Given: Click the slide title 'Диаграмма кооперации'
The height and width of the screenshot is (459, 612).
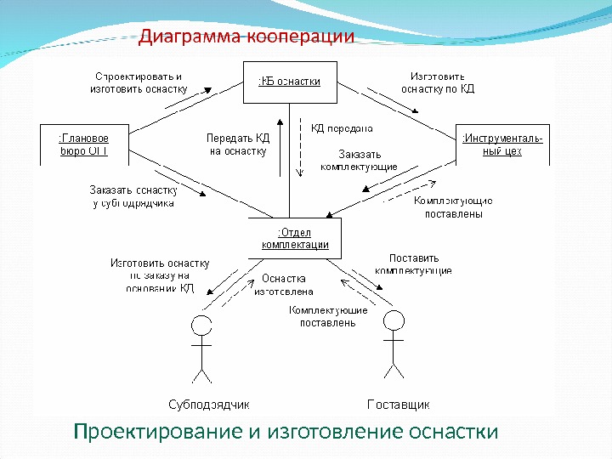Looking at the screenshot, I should [246, 37].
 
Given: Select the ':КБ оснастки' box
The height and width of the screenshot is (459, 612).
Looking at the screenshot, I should [289, 82].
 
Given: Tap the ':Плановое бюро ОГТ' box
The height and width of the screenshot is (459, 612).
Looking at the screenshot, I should [83, 144].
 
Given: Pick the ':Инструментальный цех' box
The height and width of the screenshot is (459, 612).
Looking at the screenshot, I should [502, 144].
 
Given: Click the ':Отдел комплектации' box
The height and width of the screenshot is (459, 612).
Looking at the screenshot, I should [294, 237].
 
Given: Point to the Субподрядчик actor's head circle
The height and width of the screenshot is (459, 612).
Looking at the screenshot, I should [201, 326].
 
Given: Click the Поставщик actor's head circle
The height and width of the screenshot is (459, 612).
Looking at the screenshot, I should [393, 321].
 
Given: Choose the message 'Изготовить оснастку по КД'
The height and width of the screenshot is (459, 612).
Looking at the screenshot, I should [437, 82].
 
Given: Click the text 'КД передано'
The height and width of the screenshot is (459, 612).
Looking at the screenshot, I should [342, 128].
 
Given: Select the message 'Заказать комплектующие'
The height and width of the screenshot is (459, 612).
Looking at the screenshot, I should [359, 161].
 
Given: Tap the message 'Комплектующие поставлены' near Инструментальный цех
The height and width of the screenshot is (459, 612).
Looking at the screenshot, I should [453, 207].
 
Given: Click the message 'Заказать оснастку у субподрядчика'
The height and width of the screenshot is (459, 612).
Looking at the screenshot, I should [133, 196].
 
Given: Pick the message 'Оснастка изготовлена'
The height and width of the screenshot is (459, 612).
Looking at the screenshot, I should [284, 284].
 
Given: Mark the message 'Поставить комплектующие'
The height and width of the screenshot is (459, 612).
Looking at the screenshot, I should [413, 263].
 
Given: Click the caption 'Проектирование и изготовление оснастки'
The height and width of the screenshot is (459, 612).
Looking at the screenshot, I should [286, 432].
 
